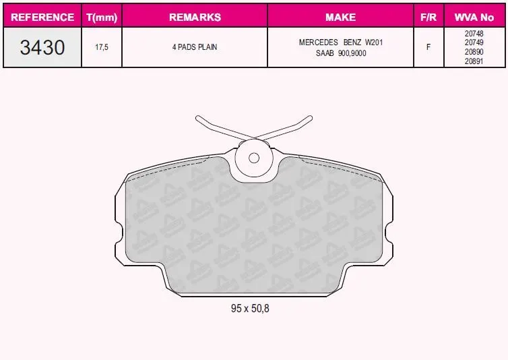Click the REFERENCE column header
42,17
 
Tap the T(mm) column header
102,17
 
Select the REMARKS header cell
195,17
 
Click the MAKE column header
340,17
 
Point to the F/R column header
428,17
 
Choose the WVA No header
474,17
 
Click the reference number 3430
42,47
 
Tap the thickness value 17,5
102,47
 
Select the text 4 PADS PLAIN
195,47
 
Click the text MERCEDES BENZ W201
341,42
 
